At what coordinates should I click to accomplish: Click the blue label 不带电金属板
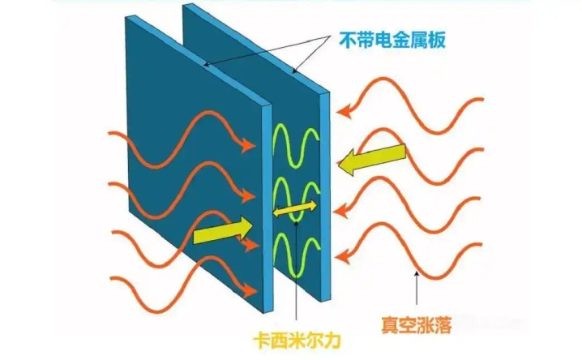point(392,40)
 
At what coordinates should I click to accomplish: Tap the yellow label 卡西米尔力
point(297,341)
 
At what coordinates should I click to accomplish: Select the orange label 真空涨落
point(417,325)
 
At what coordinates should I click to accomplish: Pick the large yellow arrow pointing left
point(371,158)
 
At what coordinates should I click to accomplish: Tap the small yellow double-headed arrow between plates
point(295,209)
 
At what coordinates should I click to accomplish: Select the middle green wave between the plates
point(296,200)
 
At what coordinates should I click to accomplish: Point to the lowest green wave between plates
point(296,255)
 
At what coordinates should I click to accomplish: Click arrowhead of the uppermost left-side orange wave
point(247,145)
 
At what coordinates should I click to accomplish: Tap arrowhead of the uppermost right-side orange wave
point(344,110)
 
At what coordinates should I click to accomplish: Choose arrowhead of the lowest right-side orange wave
point(343,256)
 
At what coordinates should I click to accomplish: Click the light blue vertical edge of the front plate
point(267,208)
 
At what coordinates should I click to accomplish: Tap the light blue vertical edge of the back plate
point(325,196)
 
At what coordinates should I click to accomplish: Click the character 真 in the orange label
point(390,325)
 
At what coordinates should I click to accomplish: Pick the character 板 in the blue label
point(436,40)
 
